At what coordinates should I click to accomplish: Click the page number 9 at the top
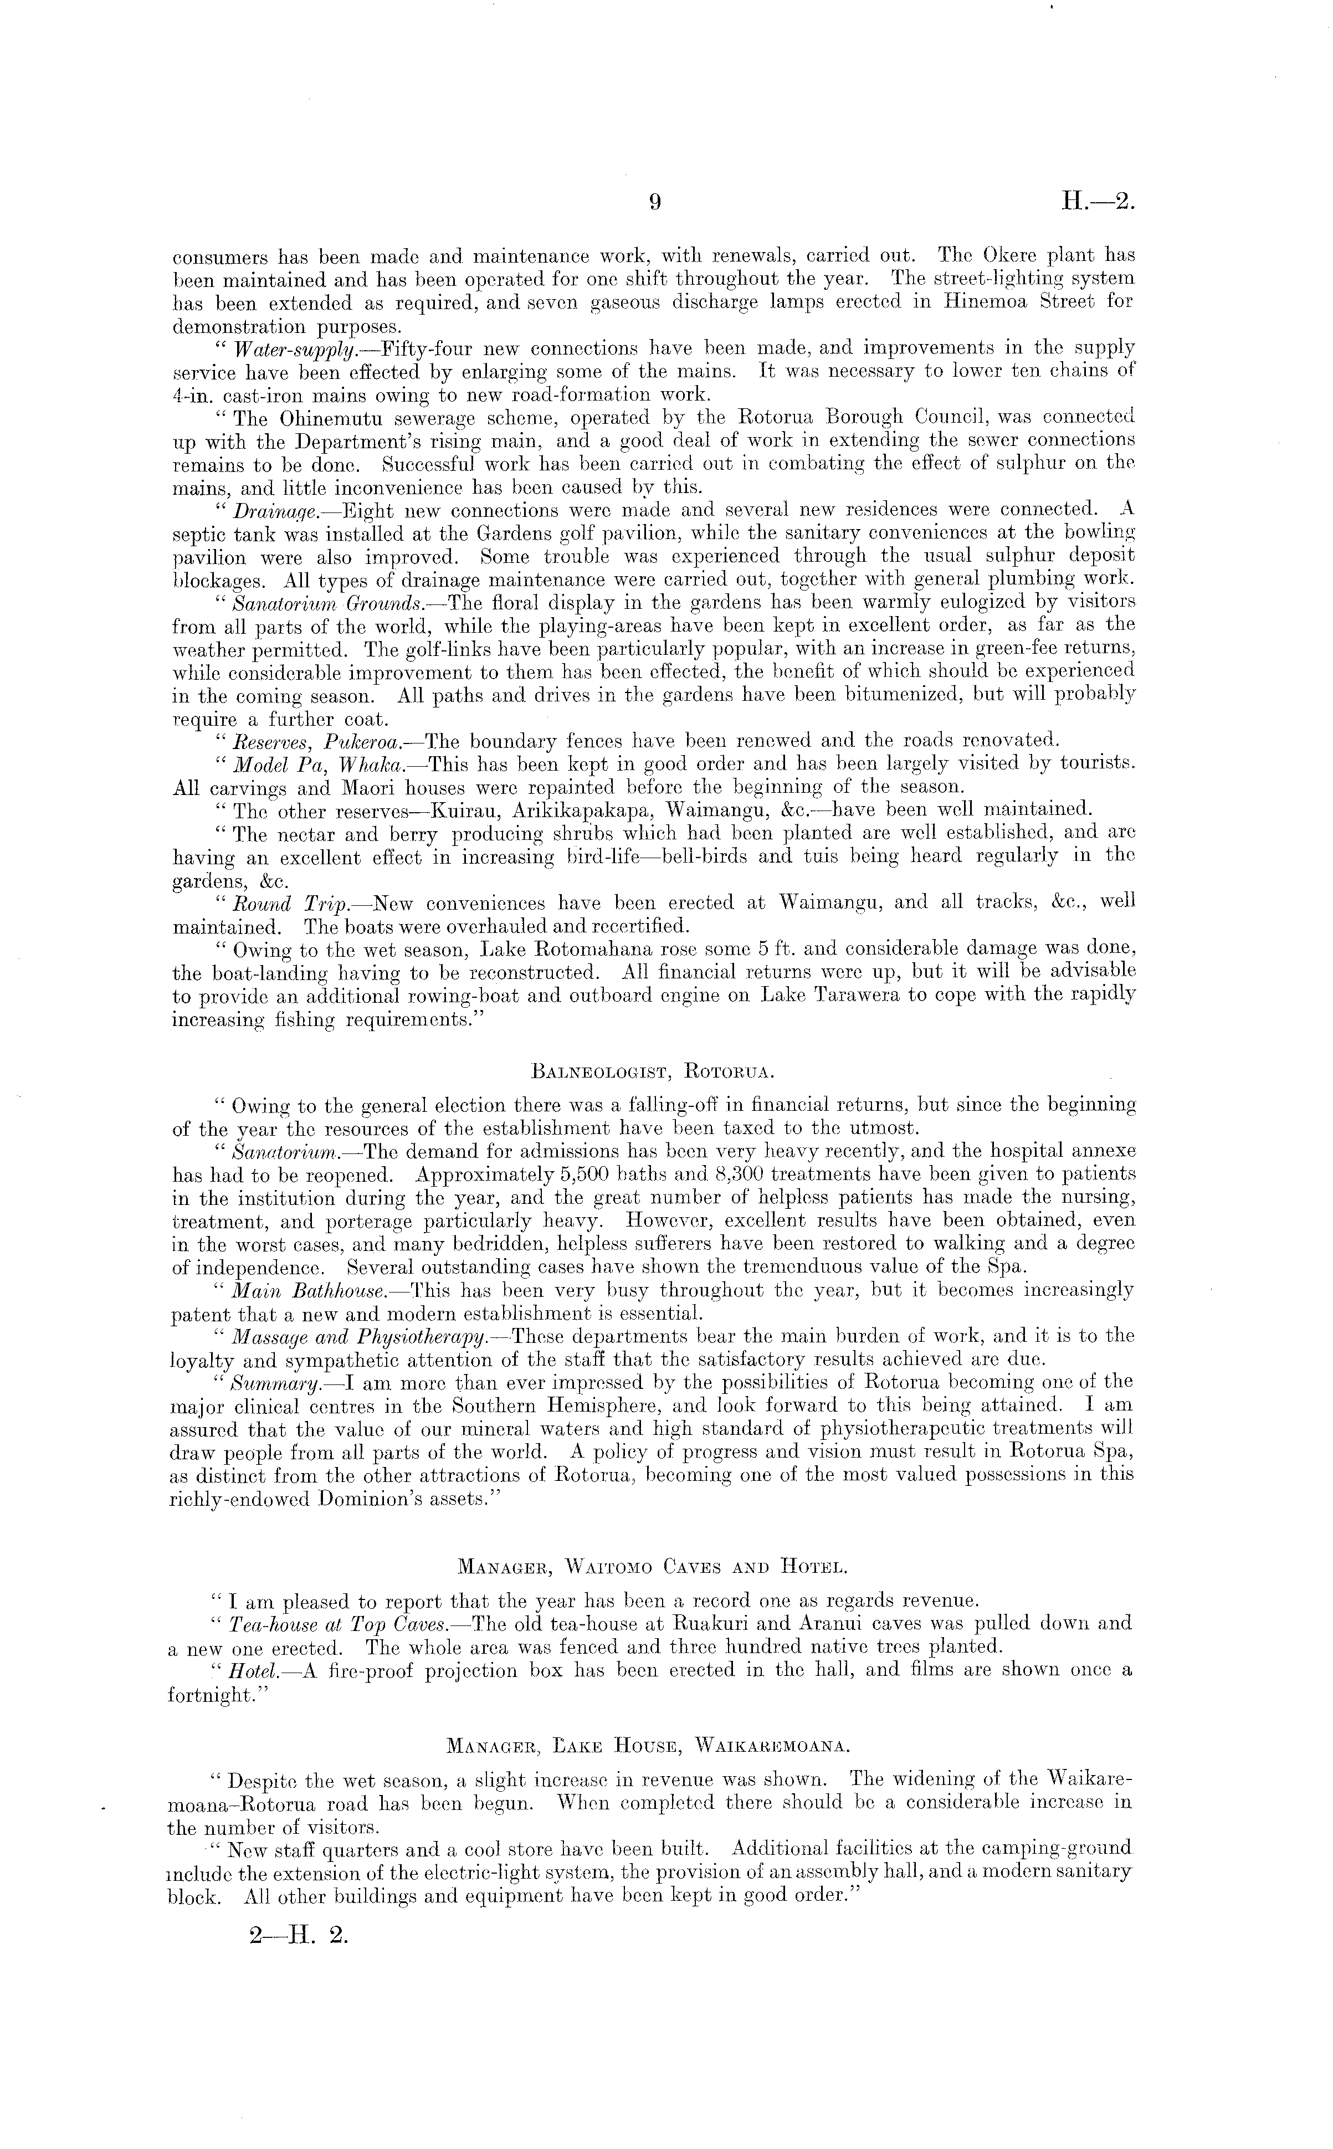(x=654, y=203)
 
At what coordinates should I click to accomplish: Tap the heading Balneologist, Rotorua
(x=653, y=1073)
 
